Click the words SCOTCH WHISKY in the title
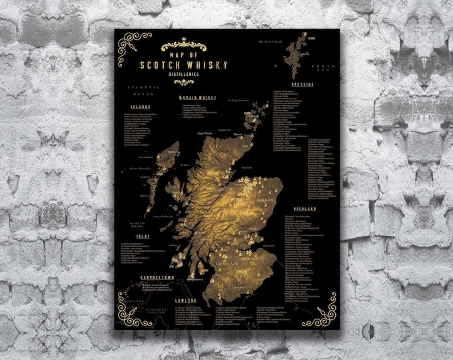pos(195,65)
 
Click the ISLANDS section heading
pos(141,107)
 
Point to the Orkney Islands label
pos(236,101)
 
